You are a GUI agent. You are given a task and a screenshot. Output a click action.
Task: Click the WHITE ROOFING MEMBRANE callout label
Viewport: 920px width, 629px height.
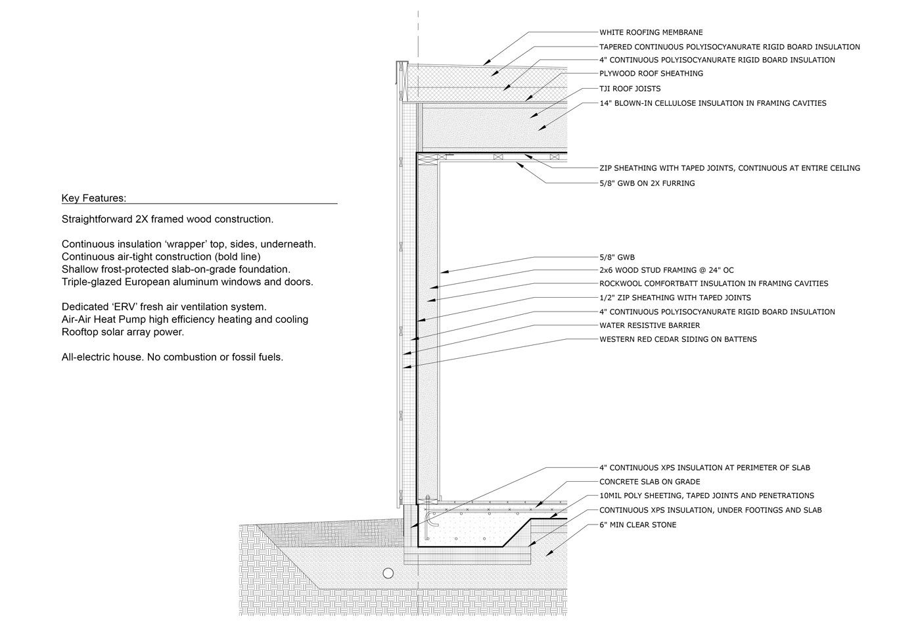pos(651,32)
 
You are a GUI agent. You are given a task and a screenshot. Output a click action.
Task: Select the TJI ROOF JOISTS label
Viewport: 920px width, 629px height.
pos(630,89)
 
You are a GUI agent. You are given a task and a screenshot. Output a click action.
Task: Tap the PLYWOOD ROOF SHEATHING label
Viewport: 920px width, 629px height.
pos(651,74)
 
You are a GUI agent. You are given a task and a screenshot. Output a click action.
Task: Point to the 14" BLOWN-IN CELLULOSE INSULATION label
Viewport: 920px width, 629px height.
pos(712,103)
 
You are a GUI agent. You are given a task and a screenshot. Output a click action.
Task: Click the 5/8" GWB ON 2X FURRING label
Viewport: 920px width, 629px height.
pos(647,183)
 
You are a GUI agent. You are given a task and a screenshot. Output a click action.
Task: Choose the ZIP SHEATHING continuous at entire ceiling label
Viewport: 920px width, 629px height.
pos(729,168)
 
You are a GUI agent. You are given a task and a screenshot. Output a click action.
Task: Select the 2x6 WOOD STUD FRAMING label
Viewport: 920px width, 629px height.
pos(666,270)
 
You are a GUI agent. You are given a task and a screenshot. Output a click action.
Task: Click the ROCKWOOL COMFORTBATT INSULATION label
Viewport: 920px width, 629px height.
pos(714,284)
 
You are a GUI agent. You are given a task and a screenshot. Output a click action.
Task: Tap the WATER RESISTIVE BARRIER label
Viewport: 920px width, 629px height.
pos(649,325)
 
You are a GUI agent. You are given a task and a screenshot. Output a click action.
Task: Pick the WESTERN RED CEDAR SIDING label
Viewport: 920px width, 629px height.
pos(678,340)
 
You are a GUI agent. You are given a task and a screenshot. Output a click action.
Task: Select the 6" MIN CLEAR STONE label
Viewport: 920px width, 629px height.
pos(637,524)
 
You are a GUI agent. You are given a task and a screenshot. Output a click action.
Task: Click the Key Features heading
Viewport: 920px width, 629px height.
pos(93,198)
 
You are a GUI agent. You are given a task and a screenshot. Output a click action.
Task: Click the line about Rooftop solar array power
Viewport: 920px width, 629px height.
pos(123,332)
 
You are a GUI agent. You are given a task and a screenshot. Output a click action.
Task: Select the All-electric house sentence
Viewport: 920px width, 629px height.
pos(172,358)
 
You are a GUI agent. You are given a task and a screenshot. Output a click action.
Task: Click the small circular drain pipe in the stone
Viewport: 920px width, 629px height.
pos(388,574)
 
